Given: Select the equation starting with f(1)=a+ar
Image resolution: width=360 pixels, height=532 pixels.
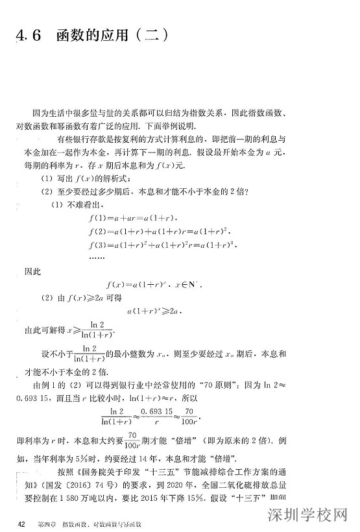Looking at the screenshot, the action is tap(136, 218).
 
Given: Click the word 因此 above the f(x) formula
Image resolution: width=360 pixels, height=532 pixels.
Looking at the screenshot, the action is tap(33, 271).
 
